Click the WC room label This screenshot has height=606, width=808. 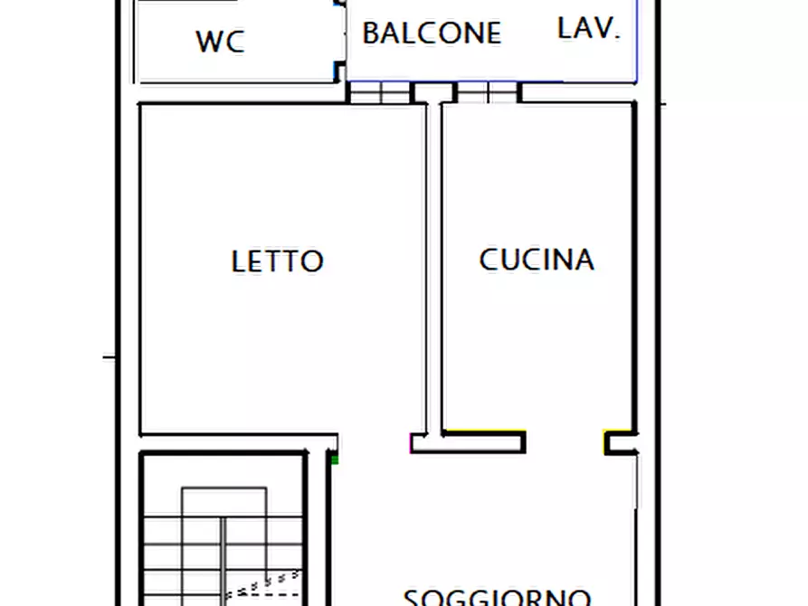pyautogui.click(x=220, y=41)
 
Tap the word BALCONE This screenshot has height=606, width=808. pyautogui.click(x=432, y=33)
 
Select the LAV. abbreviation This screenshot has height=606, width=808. pyautogui.click(x=589, y=29)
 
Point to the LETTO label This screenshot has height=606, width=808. pyautogui.click(x=277, y=261)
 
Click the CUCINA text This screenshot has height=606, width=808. pyautogui.click(x=537, y=260)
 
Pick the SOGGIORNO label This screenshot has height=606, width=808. pyautogui.click(x=497, y=597)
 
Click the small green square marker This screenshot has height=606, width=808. pyautogui.click(x=335, y=459)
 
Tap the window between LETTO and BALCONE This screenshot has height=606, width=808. pyautogui.click(x=380, y=92)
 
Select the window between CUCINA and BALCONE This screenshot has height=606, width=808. pyautogui.click(x=488, y=92)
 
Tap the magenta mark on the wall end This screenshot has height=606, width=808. pyautogui.click(x=413, y=443)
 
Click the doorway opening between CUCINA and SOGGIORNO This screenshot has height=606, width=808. pyautogui.click(x=565, y=442)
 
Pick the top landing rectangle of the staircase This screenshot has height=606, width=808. pyautogui.click(x=223, y=502)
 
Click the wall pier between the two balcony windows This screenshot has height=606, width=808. pyautogui.click(x=433, y=92)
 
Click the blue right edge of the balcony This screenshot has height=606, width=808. pyautogui.click(x=636, y=41)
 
